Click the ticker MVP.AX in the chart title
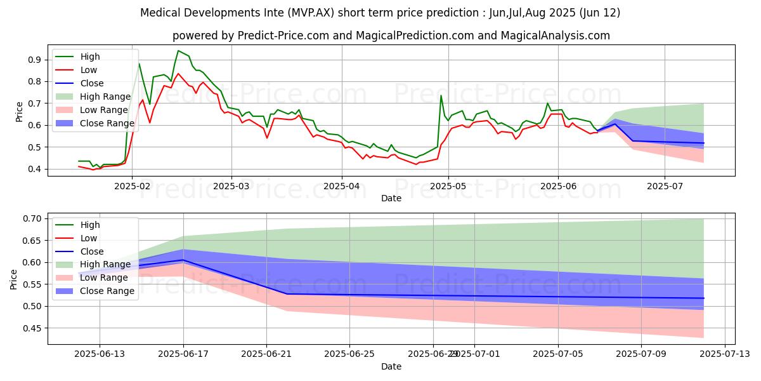[x=311, y=13]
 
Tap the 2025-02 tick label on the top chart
[x=132, y=186]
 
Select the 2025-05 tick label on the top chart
[x=448, y=186]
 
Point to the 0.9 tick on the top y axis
[x=34, y=60]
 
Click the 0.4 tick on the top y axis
[x=34, y=169]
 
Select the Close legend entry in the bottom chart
[x=79, y=251]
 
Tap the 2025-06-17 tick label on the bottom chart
[x=183, y=354]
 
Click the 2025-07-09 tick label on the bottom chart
[x=641, y=354]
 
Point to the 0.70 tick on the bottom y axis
[x=32, y=218]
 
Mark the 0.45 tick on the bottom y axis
[x=32, y=328]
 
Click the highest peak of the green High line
[x=178, y=51]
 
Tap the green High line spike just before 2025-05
[x=441, y=95]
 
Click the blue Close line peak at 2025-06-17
[x=183, y=260]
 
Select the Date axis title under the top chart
[x=391, y=198]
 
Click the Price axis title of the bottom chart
[x=13, y=279]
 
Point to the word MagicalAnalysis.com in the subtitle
[x=555, y=36]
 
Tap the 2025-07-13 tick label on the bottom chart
[x=725, y=354]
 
